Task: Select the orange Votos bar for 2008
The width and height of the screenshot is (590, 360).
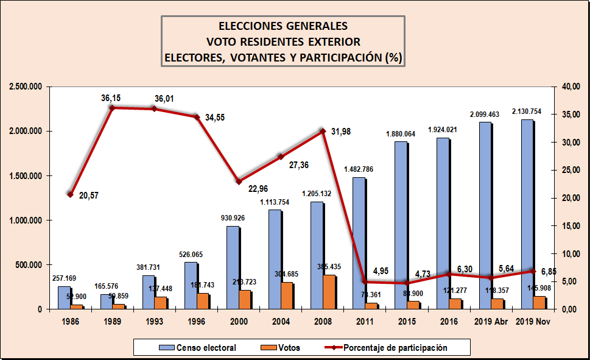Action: point(328,292)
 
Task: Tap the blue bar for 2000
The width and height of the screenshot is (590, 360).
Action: point(233,267)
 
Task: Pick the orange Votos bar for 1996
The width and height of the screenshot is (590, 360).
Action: point(202,301)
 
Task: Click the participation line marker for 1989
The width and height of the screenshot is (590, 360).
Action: point(112,108)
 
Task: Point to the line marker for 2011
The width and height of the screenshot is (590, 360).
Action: point(365,281)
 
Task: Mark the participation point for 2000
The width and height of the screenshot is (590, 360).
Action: point(239,182)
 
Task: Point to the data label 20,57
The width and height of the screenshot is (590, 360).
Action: point(90,195)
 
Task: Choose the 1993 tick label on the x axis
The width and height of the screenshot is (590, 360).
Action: point(154,321)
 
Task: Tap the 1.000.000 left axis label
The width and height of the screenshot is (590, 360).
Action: point(26,221)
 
